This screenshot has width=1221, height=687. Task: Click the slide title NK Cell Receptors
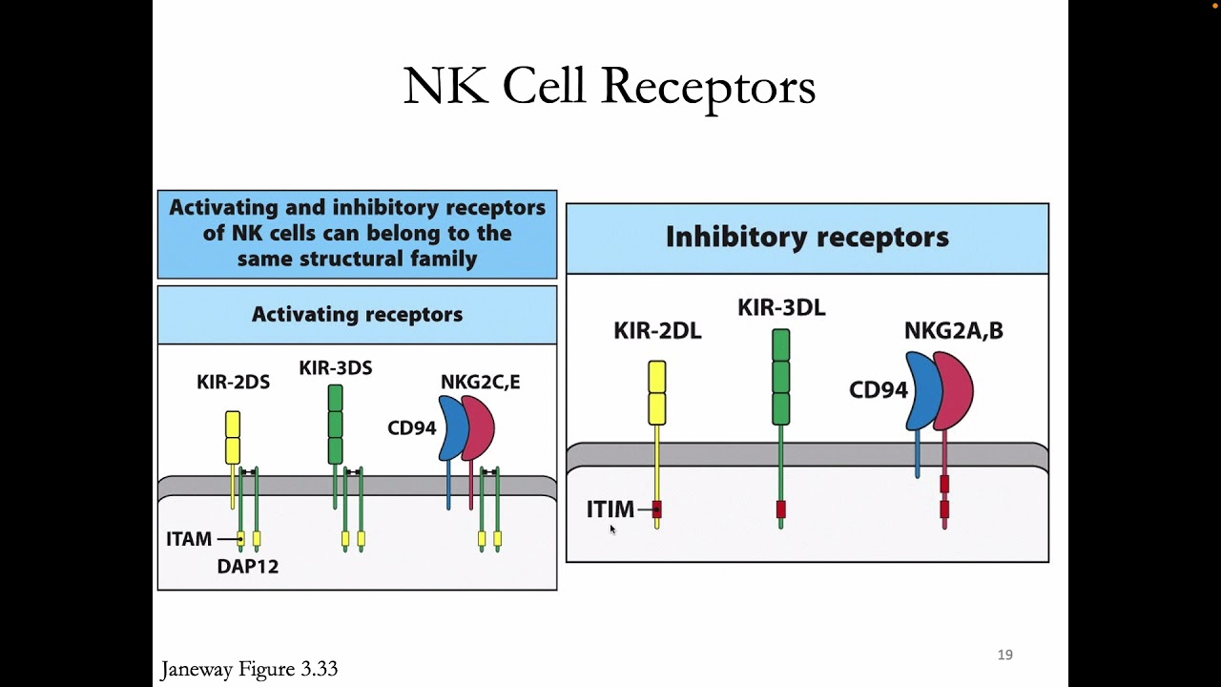coord(609,87)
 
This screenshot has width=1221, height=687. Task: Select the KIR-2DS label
coord(233,383)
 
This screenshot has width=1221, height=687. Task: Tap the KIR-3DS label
coord(335,368)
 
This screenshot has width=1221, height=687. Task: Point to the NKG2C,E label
coord(480,383)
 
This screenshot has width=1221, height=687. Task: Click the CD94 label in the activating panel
coord(411,428)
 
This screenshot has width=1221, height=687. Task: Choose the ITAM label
coord(189,539)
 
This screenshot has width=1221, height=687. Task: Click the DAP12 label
coord(247,567)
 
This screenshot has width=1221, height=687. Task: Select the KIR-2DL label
coord(657,331)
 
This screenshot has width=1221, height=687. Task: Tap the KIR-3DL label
coord(781,307)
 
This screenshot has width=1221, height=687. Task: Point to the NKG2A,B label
coord(953,331)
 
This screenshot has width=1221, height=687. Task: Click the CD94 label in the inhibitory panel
coord(878,390)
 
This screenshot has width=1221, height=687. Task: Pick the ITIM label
coord(610,510)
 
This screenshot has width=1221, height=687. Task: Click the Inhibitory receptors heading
coord(807,237)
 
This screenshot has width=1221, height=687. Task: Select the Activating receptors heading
coord(357,315)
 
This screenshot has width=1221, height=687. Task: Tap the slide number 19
coord(1004,655)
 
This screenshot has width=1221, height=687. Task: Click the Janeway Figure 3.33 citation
coord(249,669)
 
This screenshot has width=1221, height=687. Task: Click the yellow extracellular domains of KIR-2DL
coord(656,392)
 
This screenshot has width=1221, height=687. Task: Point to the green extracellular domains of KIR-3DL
coord(780,377)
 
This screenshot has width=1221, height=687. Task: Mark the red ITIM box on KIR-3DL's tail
coord(780,510)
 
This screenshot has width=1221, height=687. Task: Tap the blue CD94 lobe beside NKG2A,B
coord(921,391)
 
